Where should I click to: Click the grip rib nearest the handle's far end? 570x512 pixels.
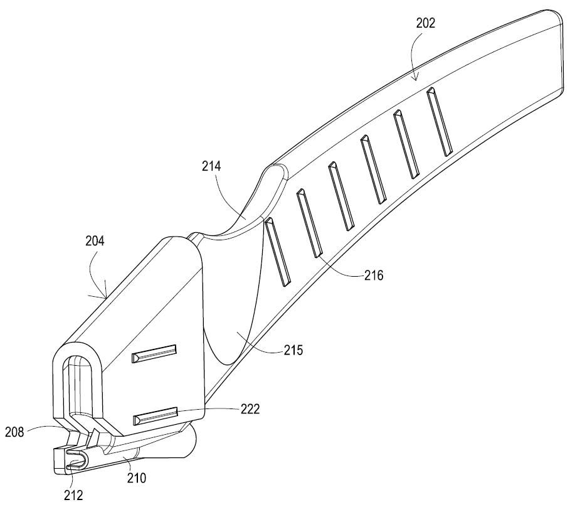coord(440,122)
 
